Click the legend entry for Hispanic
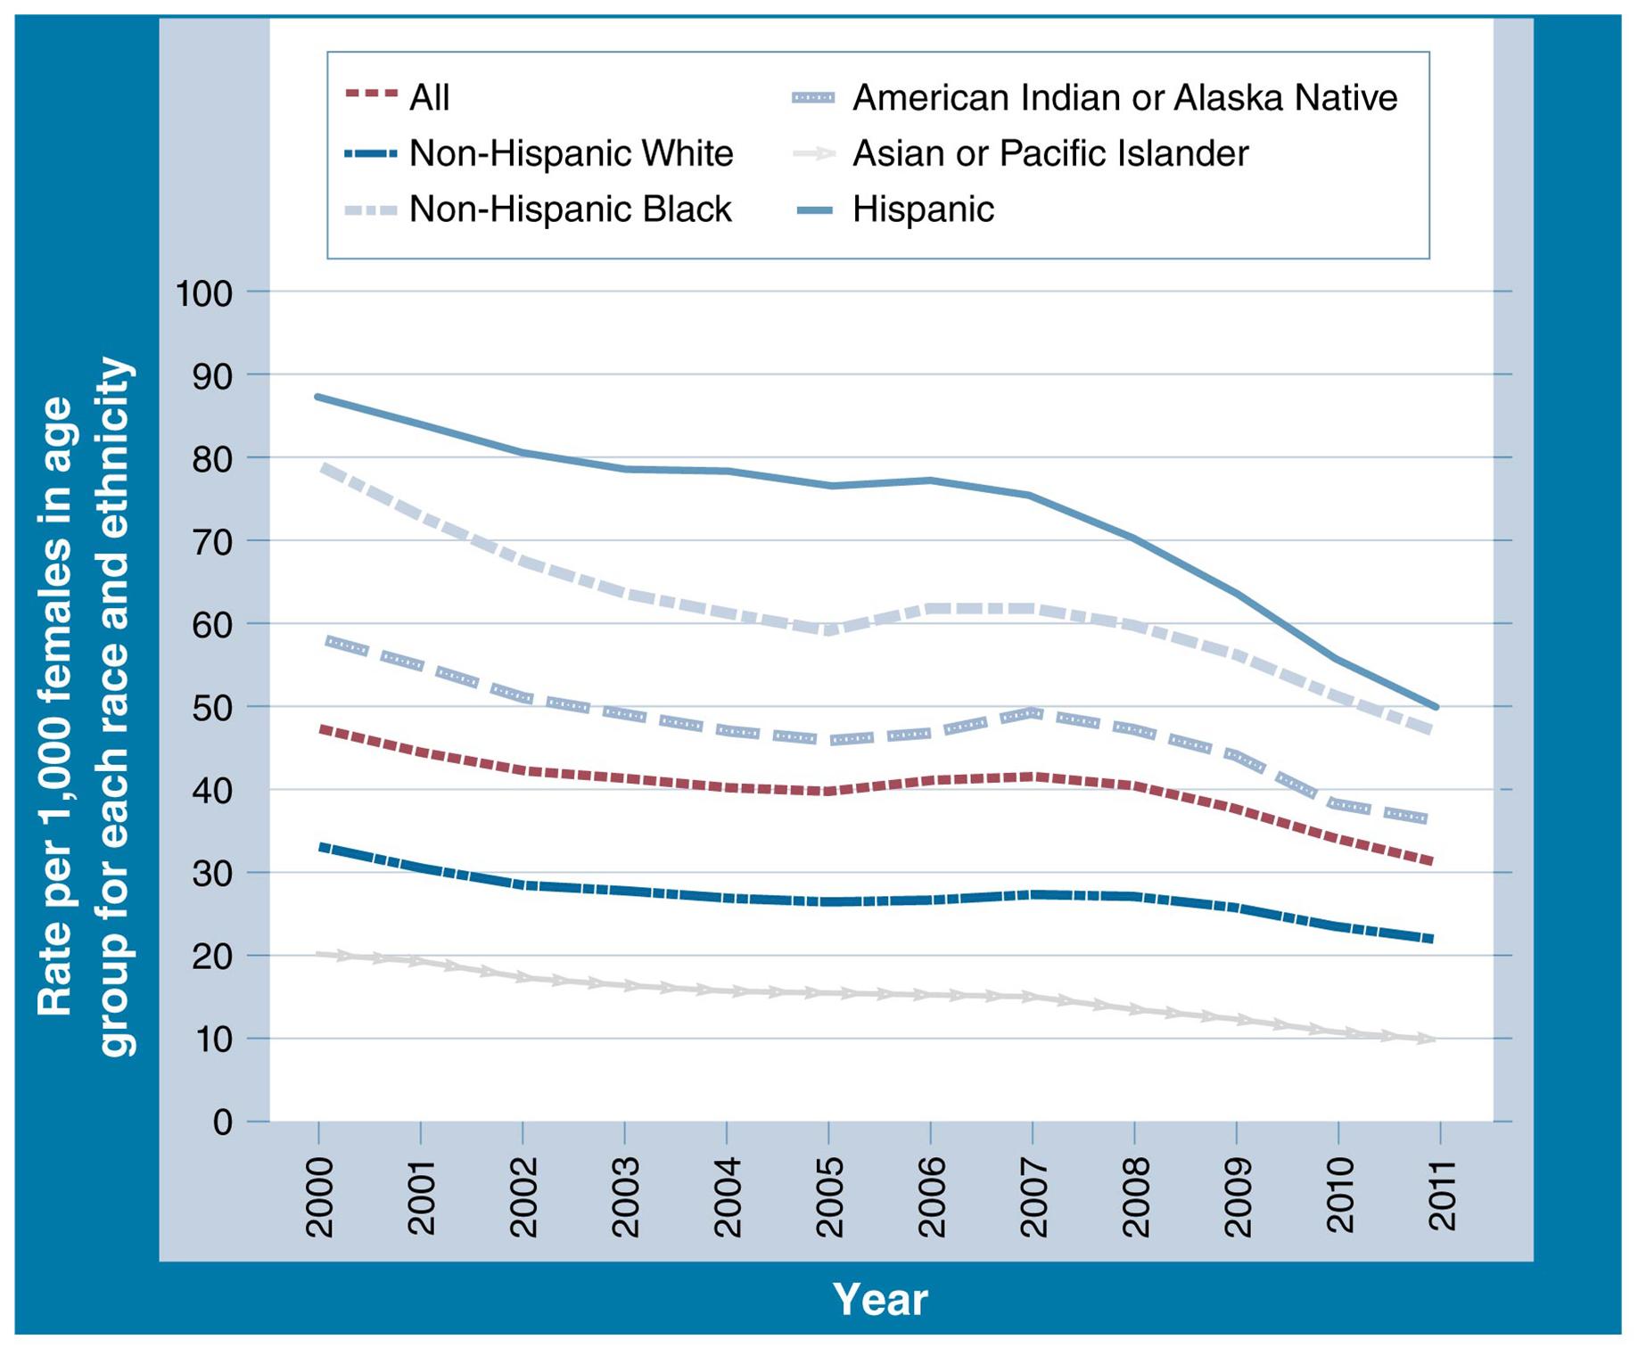(922, 210)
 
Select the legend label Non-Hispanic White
(571, 153)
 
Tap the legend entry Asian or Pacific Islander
(1049, 153)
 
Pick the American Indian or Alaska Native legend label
(1124, 97)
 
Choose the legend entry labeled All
(429, 97)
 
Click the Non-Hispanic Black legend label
(570, 210)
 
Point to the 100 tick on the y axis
(203, 292)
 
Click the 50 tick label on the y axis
(211, 707)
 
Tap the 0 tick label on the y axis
(222, 1122)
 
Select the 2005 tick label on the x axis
(829, 1197)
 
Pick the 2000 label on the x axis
(319, 1197)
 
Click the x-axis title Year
(879, 1299)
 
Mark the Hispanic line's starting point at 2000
(318, 397)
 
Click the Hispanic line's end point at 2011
(1436, 707)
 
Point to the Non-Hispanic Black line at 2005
(829, 630)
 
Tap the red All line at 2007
(1033, 777)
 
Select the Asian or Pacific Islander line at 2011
(1434, 1039)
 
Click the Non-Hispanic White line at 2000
(320, 846)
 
